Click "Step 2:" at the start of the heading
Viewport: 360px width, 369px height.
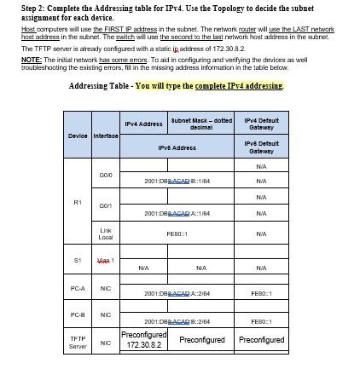20,6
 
